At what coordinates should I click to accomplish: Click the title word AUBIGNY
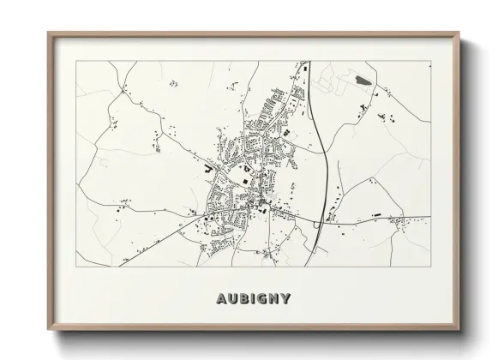[252, 299]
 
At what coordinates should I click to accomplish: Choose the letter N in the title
[274, 299]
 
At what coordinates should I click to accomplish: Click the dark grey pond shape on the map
[359, 80]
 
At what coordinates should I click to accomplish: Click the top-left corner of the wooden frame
[48, 33]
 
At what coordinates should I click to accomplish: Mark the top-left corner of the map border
[77, 61]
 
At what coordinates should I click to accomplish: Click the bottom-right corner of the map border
[429, 266]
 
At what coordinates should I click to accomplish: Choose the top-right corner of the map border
[429, 61]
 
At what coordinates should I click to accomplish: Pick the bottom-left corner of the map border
[77, 266]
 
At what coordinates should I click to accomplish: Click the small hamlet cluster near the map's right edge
[398, 224]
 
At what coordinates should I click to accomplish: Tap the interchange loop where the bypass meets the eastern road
[316, 225]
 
